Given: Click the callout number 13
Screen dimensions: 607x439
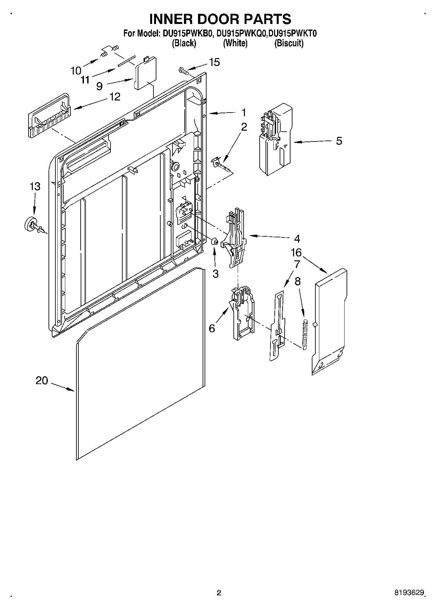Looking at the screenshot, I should coord(35,186).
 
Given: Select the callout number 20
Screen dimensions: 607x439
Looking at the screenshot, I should coord(42,381).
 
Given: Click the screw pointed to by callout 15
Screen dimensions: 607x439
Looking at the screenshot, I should coord(183,70).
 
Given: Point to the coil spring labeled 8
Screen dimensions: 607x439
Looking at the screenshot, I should coord(305,334).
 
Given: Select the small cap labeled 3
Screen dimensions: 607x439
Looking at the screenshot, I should coord(215,242).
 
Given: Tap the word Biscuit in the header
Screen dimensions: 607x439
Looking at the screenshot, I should coord(289,43).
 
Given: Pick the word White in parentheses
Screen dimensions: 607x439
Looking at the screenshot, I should coord(235,43).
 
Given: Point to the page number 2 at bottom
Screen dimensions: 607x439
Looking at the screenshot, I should coord(219,593).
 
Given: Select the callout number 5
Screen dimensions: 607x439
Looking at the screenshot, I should coord(339,141).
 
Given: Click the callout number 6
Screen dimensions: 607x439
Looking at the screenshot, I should coord(212,328).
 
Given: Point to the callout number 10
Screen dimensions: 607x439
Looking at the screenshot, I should coord(76,70).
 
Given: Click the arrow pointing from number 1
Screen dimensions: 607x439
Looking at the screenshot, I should coord(223,113).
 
